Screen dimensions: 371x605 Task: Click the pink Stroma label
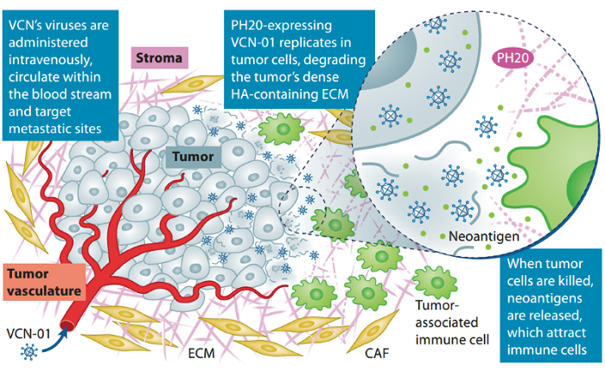click(159, 58)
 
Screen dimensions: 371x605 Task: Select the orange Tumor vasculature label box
click(42, 280)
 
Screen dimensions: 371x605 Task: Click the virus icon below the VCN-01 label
click(29, 353)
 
